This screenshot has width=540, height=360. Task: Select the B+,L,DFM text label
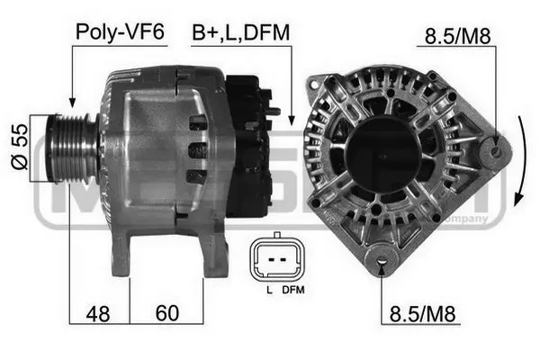239,33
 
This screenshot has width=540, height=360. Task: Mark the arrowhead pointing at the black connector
291,118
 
